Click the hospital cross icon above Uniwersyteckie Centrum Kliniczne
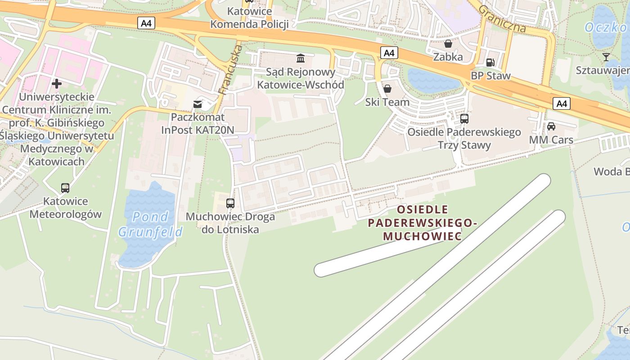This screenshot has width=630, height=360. coord(57,83)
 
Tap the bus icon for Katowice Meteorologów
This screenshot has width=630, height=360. coord(65,188)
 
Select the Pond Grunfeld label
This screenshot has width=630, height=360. coord(150,224)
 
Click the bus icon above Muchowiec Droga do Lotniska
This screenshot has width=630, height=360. coord(230,203)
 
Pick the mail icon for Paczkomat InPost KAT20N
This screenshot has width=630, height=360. coord(198,104)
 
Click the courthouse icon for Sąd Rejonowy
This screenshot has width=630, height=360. coord(300,58)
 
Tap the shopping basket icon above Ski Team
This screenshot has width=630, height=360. coord(387,88)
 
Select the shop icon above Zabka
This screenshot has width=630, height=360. coord(448,44)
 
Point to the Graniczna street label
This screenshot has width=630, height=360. coord(502,19)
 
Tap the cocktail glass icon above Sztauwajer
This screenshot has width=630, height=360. coord(606,57)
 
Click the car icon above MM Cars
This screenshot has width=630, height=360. coord(551,126)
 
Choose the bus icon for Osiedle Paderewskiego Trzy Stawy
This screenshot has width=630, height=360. coord(464,119)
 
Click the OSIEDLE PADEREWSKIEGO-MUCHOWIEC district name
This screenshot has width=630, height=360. coord(422,223)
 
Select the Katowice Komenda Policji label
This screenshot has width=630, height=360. coord(249,18)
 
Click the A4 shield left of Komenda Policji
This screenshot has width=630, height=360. coord(146,23)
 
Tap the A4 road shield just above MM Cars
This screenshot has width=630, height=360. coord(561,104)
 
